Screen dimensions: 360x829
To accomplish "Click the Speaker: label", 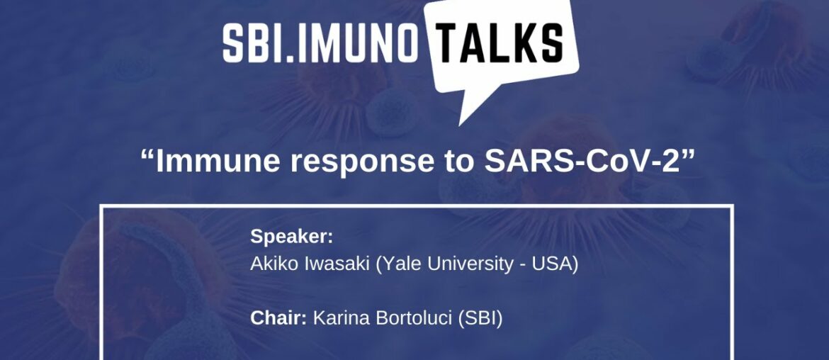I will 291,237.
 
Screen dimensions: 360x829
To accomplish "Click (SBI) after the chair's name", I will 480,319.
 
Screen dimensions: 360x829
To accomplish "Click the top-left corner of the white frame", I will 101,206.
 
